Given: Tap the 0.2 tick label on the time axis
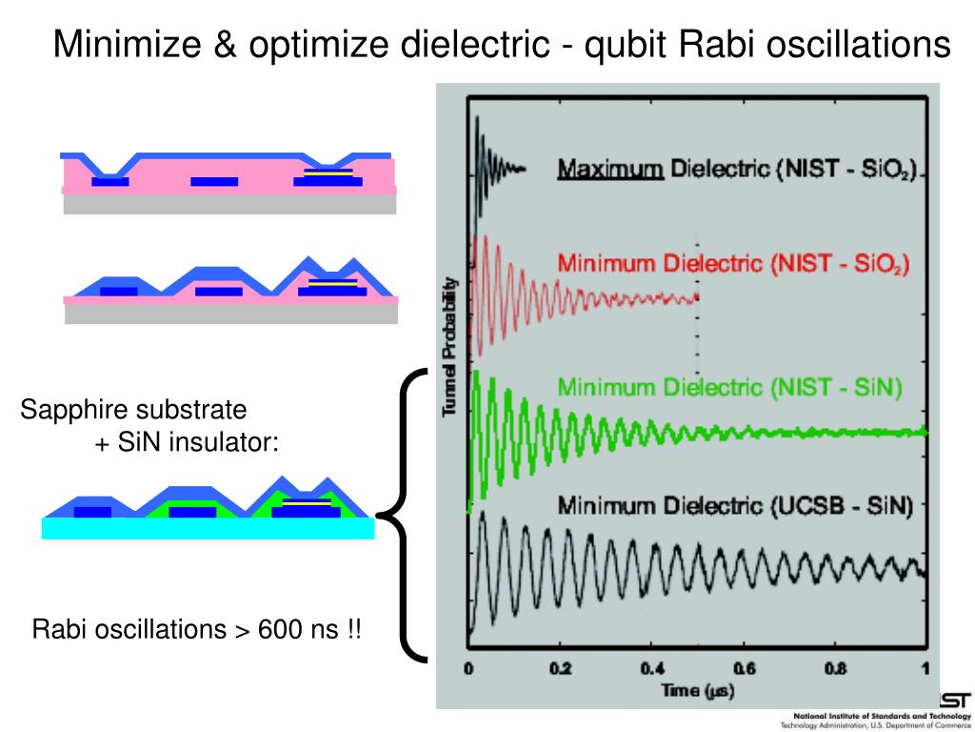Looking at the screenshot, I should point(561,668).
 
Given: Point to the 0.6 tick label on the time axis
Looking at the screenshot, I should point(744,668).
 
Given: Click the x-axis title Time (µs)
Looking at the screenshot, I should point(698,690).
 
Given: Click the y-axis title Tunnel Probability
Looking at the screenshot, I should point(450,348).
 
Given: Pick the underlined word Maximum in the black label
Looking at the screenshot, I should point(610,171).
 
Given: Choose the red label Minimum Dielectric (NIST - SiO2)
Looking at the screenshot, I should point(733,262).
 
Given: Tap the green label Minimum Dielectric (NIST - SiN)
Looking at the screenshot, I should point(729,387).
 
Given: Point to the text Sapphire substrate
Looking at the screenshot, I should point(133,411).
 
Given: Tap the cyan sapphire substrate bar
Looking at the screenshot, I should point(208,529).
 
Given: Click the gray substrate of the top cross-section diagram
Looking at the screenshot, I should point(229,203).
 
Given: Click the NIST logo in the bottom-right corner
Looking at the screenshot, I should point(955,699).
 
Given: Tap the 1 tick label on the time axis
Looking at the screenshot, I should point(925,668).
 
